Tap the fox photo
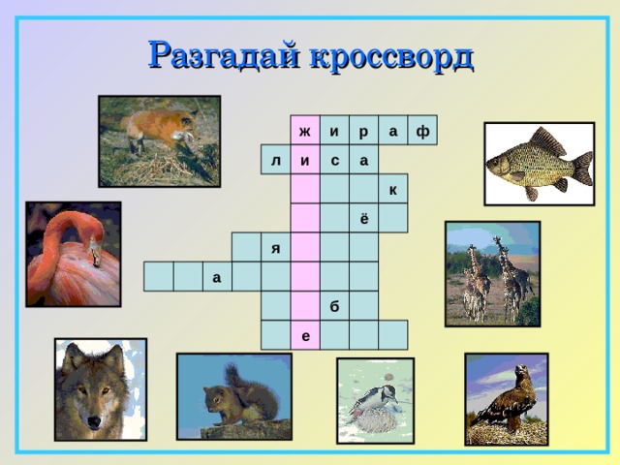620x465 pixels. tap(159, 139)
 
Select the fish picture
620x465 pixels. tap(539, 164)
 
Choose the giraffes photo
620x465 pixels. tap(491, 272)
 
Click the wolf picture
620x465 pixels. tap(100, 388)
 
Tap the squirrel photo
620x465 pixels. tap(233, 395)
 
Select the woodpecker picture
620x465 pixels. tap(374, 400)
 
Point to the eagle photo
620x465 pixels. tap(506, 398)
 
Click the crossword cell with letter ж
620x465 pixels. tap(305, 131)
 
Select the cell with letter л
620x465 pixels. tap(276, 160)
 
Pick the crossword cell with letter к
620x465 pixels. tap(392, 190)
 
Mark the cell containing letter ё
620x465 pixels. tap(363, 219)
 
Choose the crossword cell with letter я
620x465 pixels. tap(276, 248)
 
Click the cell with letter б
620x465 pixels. tap(334, 306)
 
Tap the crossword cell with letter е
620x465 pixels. tap(305, 335)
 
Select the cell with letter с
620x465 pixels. tap(334, 160)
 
